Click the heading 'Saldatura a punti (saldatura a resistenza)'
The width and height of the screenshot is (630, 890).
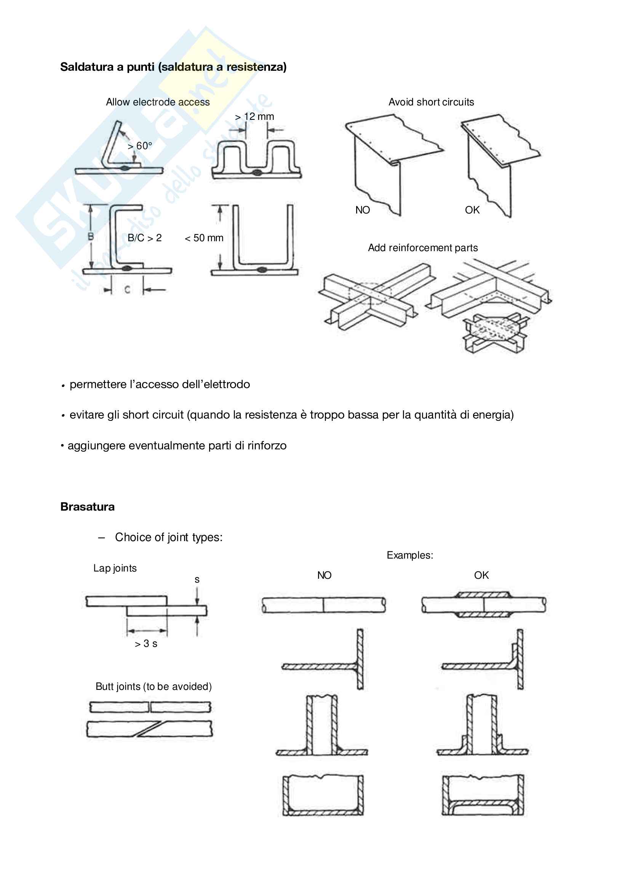(x=173, y=67)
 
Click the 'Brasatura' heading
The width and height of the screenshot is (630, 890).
(x=87, y=506)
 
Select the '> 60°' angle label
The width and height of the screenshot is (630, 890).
(x=140, y=146)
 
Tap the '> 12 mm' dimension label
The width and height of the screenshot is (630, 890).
(x=254, y=117)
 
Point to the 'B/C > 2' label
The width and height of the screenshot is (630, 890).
(x=144, y=237)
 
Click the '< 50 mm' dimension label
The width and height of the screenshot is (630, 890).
(x=204, y=237)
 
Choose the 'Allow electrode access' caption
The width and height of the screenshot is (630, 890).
(x=158, y=102)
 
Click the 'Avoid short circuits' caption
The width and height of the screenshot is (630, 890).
(x=431, y=102)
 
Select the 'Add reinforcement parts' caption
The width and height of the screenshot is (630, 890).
(x=422, y=248)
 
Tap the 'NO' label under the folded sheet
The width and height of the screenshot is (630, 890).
(x=362, y=210)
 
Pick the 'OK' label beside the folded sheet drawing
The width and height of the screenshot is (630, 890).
(x=472, y=210)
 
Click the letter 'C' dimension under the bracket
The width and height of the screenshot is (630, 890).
(x=127, y=289)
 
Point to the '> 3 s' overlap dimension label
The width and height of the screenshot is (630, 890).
(x=146, y=643)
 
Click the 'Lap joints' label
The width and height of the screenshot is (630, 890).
(x=115, y=568)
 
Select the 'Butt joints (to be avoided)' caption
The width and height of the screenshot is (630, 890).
(x=154, y=686)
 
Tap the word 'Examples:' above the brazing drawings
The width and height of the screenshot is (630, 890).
(x=410, y=555)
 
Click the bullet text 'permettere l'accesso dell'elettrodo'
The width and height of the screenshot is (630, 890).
(x=160, y=384)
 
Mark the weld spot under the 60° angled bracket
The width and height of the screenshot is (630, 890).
(x=125, y=168)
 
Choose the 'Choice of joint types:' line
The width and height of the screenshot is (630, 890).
(x=169, y=537)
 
